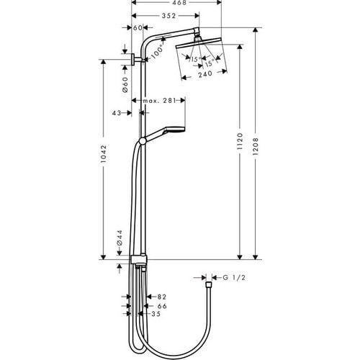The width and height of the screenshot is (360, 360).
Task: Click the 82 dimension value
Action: click(x=161, y=295)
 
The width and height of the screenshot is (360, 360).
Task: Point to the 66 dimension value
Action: click(x=161, y=305)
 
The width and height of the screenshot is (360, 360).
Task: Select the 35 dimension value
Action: click(x=156, y=314)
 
